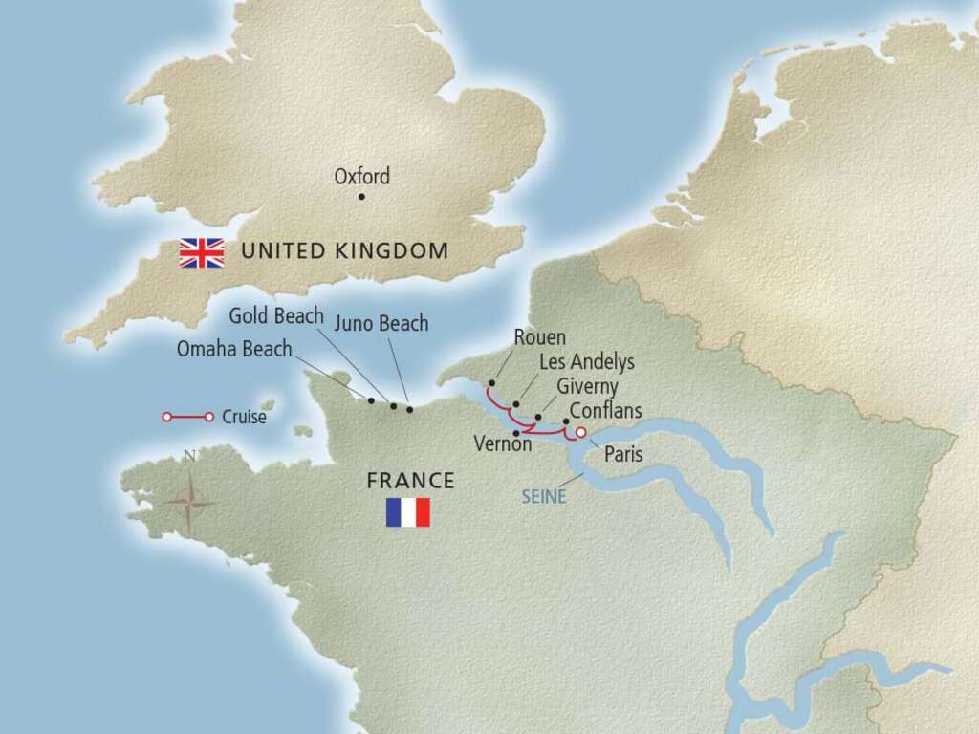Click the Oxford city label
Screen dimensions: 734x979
361,177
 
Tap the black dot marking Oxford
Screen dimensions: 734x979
361,197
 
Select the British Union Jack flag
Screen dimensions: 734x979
202,253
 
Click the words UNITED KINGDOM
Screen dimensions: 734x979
344,251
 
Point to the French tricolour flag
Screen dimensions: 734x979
408,512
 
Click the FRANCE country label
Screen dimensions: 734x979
410,481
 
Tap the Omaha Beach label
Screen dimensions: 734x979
234,350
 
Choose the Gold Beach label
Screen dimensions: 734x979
276,316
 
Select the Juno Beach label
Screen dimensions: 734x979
381,324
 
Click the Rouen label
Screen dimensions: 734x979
539,337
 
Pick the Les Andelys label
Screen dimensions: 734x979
587,362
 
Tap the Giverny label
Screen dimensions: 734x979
587,387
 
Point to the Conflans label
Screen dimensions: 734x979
605,411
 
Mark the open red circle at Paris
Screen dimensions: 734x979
580,432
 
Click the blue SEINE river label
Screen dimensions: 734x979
544,497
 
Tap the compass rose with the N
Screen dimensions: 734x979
189,499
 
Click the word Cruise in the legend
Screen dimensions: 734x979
244,418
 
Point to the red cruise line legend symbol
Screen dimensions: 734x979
187,418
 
